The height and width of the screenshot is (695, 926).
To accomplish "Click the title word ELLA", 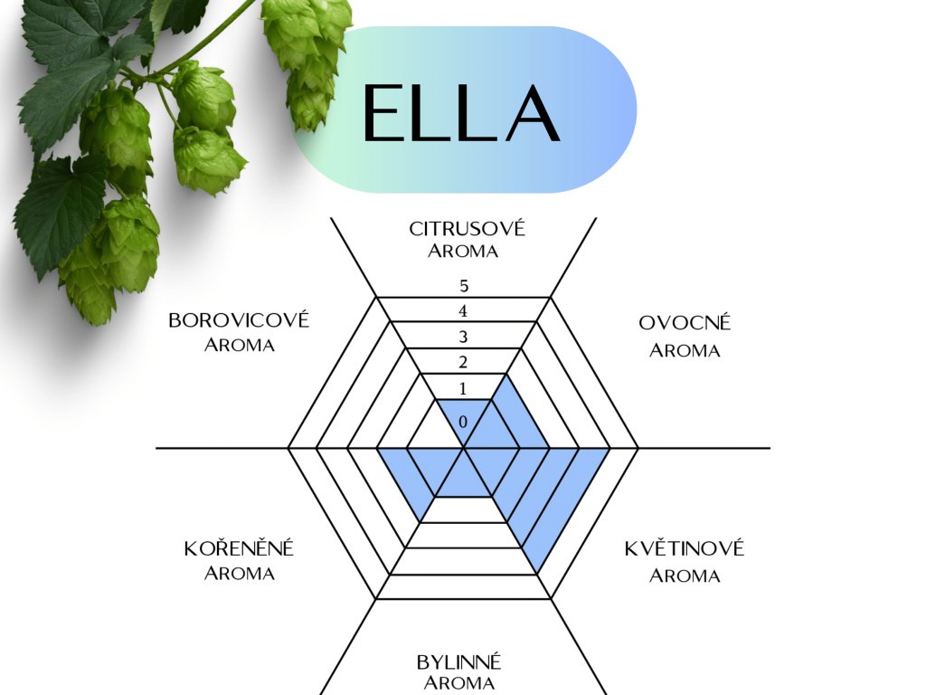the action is point(461,114).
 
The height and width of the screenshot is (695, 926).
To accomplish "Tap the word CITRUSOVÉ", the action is point(467,228).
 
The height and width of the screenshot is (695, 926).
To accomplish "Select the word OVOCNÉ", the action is point(685,323).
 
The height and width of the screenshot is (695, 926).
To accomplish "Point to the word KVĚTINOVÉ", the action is point(685,548).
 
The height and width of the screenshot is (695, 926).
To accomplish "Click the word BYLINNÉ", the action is point(459,662).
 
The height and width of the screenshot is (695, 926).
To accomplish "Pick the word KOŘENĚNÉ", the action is point(240,549).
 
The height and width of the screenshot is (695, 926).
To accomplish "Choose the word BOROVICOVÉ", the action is point(239,320).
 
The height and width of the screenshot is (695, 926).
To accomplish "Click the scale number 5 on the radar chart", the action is point(464,287).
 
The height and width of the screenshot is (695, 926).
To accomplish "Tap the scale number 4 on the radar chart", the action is point(464,312).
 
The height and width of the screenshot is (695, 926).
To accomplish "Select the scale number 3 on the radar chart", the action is point(464,338).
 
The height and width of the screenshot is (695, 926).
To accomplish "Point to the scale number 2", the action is point(464,364).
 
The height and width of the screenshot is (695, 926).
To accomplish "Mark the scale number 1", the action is point(464,390).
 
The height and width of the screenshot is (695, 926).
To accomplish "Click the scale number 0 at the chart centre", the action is point(464,423).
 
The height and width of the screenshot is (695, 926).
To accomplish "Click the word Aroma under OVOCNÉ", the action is point(685,351).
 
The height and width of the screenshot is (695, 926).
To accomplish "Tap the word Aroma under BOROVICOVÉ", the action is point(239,346).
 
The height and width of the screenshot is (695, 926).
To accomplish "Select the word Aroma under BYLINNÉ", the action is point(459,684).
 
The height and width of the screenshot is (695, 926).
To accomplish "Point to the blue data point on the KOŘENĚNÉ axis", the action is point(420,521).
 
